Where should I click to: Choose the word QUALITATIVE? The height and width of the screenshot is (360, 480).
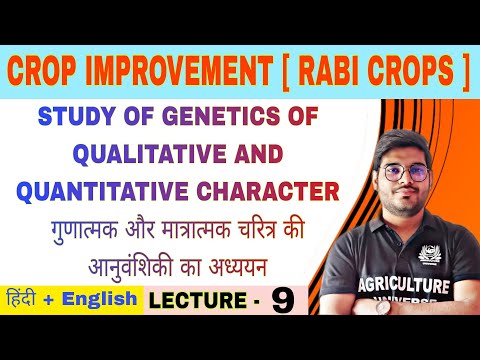[130, 154]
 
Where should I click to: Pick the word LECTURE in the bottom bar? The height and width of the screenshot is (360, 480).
[194, 301]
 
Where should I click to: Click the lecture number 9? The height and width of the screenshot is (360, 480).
[286, 301]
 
